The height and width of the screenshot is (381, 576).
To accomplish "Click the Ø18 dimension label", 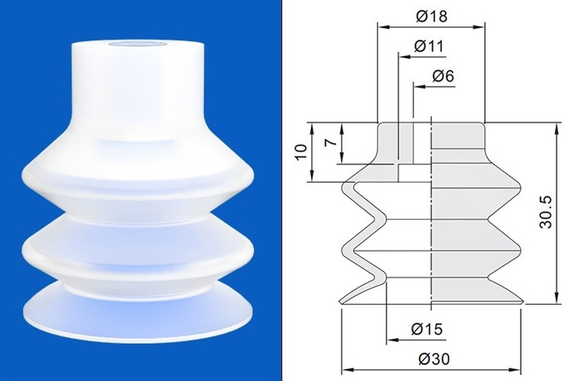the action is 431,17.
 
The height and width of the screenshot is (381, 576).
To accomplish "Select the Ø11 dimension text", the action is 429,46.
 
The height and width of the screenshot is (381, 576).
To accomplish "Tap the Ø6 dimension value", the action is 443,76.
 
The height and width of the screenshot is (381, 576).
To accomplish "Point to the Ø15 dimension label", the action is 427,329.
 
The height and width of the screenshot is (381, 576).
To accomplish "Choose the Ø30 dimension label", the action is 434,359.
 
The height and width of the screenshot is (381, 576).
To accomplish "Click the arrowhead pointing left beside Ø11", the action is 404,57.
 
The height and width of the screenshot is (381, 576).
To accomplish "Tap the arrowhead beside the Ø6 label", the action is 419,87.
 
